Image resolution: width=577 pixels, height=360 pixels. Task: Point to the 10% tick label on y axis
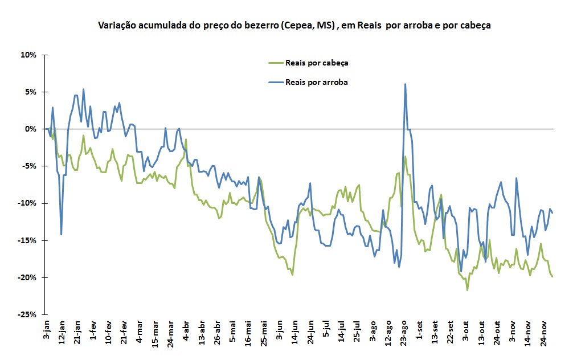pyautogui.click(x=29, y=55)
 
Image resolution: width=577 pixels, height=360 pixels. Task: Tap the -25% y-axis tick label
pyautogui.click(x=27, y=314)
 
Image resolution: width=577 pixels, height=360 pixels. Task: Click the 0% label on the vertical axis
pyautogui.click(x=31, y=129)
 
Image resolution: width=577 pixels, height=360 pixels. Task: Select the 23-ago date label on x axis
pyautogui.click(x=404, y=333)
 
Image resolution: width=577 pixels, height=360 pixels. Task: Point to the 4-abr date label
pyautogui.click(x=186, y=332)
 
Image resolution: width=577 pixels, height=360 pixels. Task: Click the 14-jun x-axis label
pyautogui.click(x=295, y=333)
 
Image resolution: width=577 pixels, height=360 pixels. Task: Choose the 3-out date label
pyautogui.click(x=465, y=332)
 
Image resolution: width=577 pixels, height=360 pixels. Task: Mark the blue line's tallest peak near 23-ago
pyautogui.click(x=405, y=84)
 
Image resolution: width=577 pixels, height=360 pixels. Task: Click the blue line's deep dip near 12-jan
pyautogui.click(x=61, y=234)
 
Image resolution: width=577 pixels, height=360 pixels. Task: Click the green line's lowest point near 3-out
pyautogui.click(x=468, y=291)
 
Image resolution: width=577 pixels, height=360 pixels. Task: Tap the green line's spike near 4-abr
pyautogui.click(x=186, y=139)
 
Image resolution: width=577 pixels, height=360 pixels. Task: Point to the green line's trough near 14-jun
pyautogui.click(x=292, y=275)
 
